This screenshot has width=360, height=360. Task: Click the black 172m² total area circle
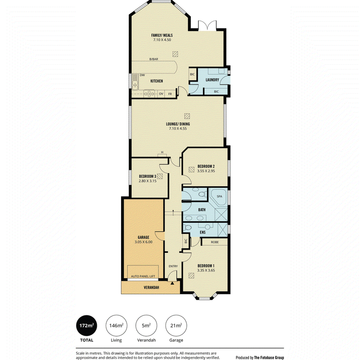tap(86, 325)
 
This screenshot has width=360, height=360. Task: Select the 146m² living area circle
tap(117, 325)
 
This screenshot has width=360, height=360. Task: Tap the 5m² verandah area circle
tap(146, 325)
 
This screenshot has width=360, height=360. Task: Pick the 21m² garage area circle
tap(176, 325)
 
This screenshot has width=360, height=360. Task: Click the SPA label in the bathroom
tap(220, 196)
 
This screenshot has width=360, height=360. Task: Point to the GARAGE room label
tap(144, 237)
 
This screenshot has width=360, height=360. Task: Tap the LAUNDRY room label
tap(212, 80)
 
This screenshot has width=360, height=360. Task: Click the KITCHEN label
tap(157, 81)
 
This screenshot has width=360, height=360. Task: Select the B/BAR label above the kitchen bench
tap(154, 59)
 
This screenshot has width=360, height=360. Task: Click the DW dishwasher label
tap(142, 75)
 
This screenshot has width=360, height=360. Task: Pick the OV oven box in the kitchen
tap(161, 94)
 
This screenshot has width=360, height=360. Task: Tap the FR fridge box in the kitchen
tap(170, 94)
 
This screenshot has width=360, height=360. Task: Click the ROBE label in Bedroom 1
tap(215, 242)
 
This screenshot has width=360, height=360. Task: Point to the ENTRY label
tap(173, 266)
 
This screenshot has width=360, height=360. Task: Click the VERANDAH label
tap(151, 287)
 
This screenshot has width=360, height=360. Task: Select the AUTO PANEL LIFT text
tap(143, 276)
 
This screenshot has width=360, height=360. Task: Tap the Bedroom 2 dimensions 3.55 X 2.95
tap(206, 171)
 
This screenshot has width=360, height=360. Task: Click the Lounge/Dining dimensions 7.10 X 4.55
tap(178, 128)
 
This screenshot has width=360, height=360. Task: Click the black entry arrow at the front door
tap(172, 283)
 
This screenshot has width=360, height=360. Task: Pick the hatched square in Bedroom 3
tap(160, 176)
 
